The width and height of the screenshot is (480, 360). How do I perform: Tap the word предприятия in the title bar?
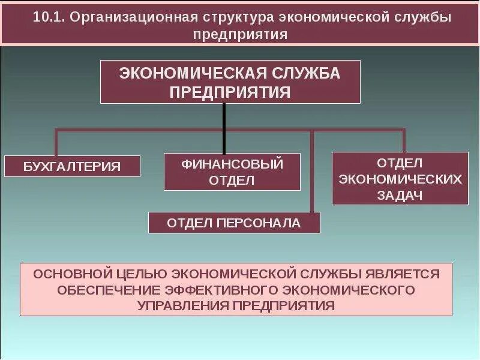click(x=240, y=34)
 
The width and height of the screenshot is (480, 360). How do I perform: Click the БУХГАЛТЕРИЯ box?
click(x=72, y=166)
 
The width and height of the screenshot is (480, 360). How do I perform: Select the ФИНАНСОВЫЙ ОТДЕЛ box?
click(x=232, y=172)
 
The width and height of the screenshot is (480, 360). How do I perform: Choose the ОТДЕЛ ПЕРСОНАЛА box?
click(x=234, y=223)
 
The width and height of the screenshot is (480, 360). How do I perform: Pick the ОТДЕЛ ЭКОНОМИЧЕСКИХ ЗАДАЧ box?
click(x=400, y=179)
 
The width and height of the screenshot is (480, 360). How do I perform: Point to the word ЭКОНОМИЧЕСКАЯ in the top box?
click(x=193, y=74)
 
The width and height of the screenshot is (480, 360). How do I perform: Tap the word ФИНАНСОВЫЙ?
click(x=232, y=163)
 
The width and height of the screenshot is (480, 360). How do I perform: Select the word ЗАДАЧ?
click(x=400, y=195)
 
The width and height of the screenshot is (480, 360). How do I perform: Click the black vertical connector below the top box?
click(x=224, y=127)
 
